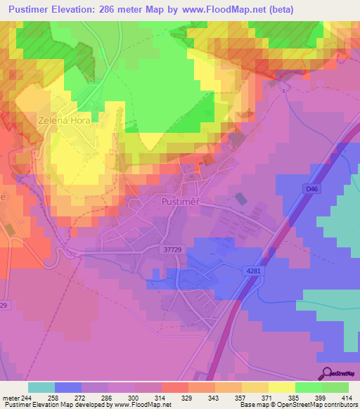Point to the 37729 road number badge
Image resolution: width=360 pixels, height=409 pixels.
pyautogui.click(x=170, y=249)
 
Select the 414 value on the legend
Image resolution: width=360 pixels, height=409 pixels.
pyautogui.click(x=347, y=398)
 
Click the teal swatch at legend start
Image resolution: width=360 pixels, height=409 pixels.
pyautogui.click(x=41, y=387)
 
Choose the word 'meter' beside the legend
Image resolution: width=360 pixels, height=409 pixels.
pyautogui.click(x=11, y=398)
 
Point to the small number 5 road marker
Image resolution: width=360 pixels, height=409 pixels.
pyautogui.click(x=284, y=91)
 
